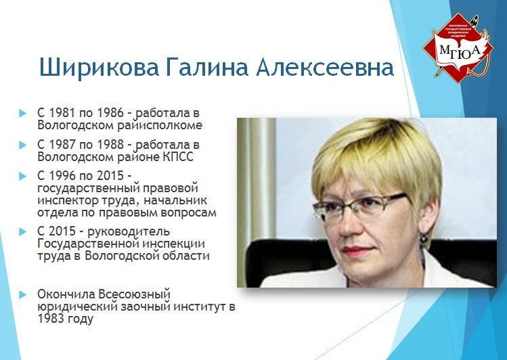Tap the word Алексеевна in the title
(x=325, y=68)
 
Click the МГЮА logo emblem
(x=458, y=47)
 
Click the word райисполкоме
(x=160, y=125)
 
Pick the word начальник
(x=175, y=200)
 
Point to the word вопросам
(x=188, y=213)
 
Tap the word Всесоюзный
(x=134, y=294)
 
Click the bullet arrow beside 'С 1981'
(x=22, y=114)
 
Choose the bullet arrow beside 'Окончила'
(x=22, y=295)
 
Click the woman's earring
(x=424, y=240)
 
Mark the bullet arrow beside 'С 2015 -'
(x=22, y=232)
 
